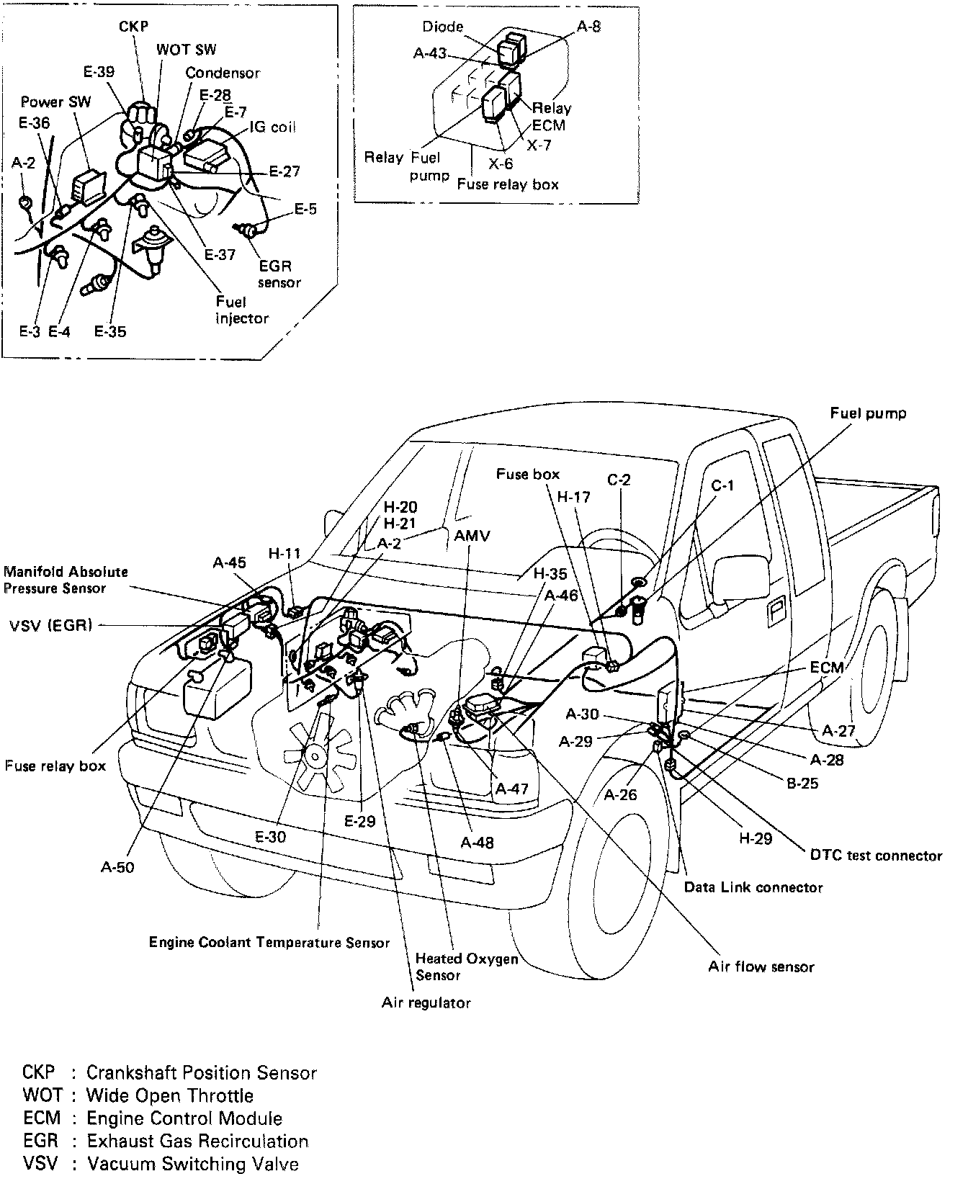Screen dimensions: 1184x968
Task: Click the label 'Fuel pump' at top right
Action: coord(867,413)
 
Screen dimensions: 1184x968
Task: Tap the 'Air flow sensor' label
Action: coord(761,967)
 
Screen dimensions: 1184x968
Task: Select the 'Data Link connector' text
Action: coord(753,887)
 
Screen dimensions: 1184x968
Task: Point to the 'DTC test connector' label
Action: coord(876,856)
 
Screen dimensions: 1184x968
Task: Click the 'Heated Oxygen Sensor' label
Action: coord(467,967)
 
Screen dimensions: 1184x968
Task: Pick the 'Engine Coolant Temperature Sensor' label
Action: coord(269,942)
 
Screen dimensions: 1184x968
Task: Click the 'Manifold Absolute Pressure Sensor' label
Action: coord(66,580)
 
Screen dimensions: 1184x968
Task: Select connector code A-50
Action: coord(117,867)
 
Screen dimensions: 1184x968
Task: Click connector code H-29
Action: coord(756,838)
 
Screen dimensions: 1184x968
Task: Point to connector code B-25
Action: coord(802,783)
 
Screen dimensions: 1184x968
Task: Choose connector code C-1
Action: coord(722,486)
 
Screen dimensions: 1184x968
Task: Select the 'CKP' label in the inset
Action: coord(133,27)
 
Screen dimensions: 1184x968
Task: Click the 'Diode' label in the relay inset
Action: coord(443,27)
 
